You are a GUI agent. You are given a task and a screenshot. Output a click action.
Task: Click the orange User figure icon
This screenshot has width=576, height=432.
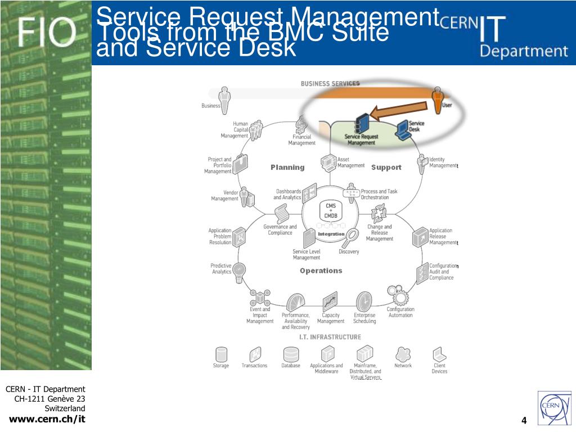(x=438, y=100)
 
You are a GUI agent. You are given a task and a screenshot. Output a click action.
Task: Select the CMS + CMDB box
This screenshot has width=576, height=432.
(x=328, y=211)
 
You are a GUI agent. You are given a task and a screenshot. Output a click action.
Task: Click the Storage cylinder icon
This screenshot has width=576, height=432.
(x=221, y=354)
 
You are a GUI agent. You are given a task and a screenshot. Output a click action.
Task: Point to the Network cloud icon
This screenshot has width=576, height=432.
(x=403, y=354)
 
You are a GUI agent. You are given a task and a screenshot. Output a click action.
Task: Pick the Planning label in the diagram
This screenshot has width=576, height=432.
(x=287, y=167)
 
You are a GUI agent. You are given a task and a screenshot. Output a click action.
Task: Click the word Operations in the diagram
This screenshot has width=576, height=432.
(x=321, y=271)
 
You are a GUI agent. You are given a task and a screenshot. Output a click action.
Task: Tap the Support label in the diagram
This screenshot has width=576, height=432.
(x=386, y=167)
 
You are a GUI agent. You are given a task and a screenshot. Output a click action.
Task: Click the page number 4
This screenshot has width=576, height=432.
(x=524, y=421)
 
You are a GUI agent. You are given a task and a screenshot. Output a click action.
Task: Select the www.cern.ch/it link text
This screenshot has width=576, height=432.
(x=48, y=418)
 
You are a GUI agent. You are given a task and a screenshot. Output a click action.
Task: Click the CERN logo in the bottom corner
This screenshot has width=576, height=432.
(x=553, y=408)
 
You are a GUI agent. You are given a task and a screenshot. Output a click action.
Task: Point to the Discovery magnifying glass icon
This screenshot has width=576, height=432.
(x=352, y=237)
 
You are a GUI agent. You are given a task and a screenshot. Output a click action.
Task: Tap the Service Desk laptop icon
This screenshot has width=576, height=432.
(x=403, y=130)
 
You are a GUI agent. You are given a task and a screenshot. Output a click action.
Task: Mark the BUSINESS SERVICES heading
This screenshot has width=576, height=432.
(x=330, y=84)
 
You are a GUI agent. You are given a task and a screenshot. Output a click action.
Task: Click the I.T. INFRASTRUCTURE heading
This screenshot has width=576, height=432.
(x=330, y=337)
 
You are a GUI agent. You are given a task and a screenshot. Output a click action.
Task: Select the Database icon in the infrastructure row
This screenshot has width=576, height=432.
(x=291, y=354)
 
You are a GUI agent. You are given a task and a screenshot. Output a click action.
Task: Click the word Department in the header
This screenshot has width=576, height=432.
(x=524, y=51)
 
